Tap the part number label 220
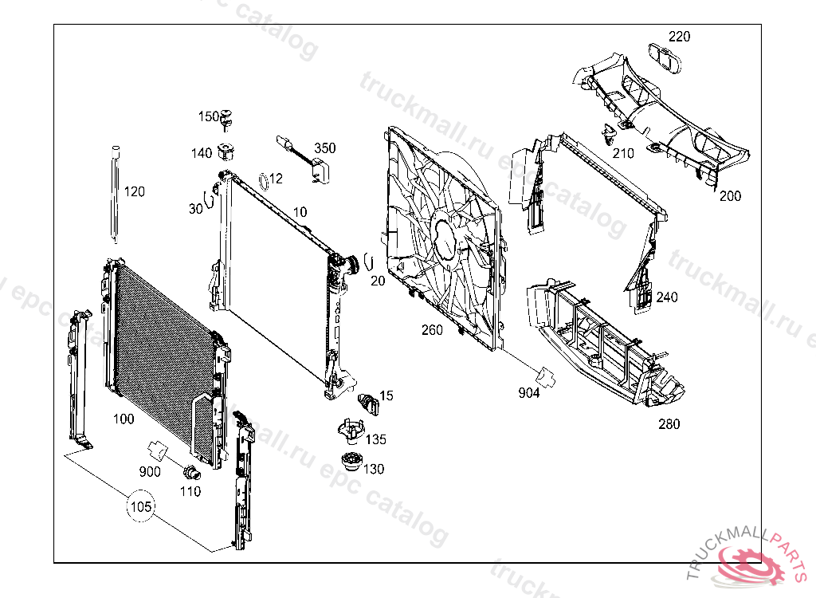[x=679, y=37]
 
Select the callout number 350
[x=324, y=148]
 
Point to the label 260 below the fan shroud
[x=432, y=330]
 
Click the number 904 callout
[x=528, y=392]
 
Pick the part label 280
[x=669, y=424]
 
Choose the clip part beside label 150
[x=229, y=118]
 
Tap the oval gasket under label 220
[x=663, y=57]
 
